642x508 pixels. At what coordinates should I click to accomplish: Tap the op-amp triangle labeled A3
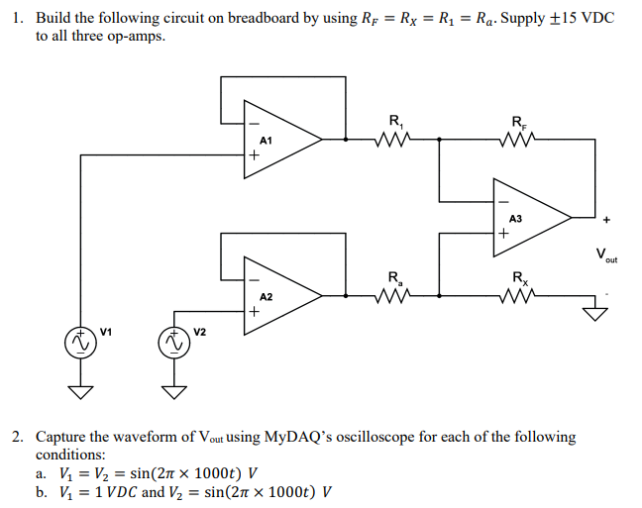coord(529,216)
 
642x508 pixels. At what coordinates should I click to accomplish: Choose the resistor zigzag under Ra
coord(394,294)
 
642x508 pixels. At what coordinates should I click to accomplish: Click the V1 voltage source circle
coord(78,342)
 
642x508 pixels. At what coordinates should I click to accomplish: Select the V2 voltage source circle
coord(173,342)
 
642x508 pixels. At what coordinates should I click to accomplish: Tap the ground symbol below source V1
coord(78,388)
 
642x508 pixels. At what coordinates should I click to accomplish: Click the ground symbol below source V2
coord(173,388)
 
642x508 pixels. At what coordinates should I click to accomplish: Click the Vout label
coord(605,255)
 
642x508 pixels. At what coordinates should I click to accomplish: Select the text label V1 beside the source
coord(107,331)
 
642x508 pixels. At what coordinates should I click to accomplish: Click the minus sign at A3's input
coord(503,195)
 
